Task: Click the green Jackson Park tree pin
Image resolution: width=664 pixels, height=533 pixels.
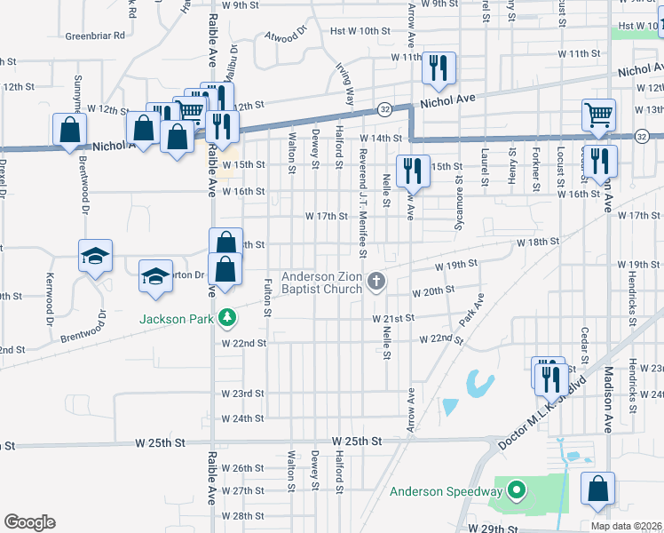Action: click(x=227, y=317)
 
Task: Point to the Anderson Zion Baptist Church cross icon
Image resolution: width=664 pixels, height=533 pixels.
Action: click(x=376, y=282)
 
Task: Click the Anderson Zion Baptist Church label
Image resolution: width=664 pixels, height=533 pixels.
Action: click(x=321, y=282)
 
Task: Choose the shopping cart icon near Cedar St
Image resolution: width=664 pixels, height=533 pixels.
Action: click(x=599, y=114)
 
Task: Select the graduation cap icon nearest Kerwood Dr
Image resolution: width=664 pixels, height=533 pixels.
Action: click(x=95, y=257)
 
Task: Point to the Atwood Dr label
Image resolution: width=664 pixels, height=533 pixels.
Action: click(x=285, y=36)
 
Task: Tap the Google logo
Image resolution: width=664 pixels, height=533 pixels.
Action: click(x=29, y=522)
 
